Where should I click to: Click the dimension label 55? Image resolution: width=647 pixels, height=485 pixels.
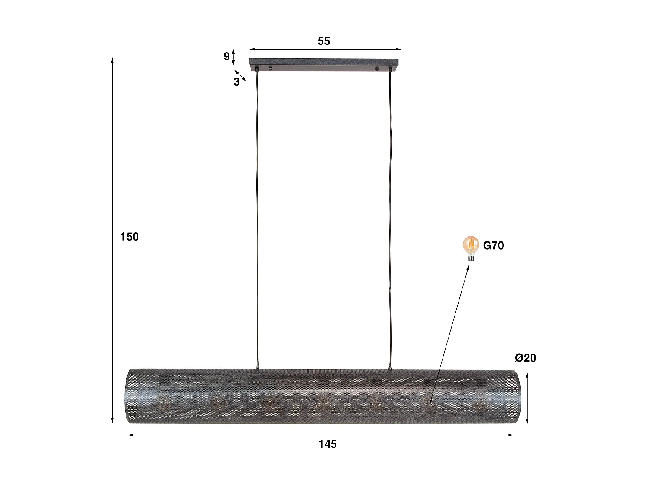click(x=324, y=41)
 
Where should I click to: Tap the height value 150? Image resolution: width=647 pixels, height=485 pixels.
click(x=129, y=237)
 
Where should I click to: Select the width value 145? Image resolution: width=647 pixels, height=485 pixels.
click(x=327, y=444)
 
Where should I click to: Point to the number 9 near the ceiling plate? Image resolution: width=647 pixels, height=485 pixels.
click(x=226, y=56)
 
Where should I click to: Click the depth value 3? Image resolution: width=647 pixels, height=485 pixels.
click(x=236, y=82)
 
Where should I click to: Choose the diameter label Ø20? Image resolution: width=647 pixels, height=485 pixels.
click(x=525, y=358)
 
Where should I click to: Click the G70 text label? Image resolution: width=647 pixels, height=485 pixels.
click(x=493, y=246)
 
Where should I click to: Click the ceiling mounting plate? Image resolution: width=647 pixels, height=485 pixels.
click(x=324, y=64)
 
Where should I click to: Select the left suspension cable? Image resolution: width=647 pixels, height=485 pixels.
click(x=258, y=216)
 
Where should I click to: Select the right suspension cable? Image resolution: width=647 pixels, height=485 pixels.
click(x=391, y=216)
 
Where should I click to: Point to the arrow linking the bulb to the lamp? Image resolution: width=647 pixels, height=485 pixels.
click(x=450, y=334)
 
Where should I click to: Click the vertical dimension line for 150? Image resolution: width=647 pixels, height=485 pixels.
click(x=113, y=302)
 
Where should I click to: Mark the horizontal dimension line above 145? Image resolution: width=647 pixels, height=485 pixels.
click(x=321, y=435)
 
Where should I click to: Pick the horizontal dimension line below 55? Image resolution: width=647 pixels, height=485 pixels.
click(x=325, y=50)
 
